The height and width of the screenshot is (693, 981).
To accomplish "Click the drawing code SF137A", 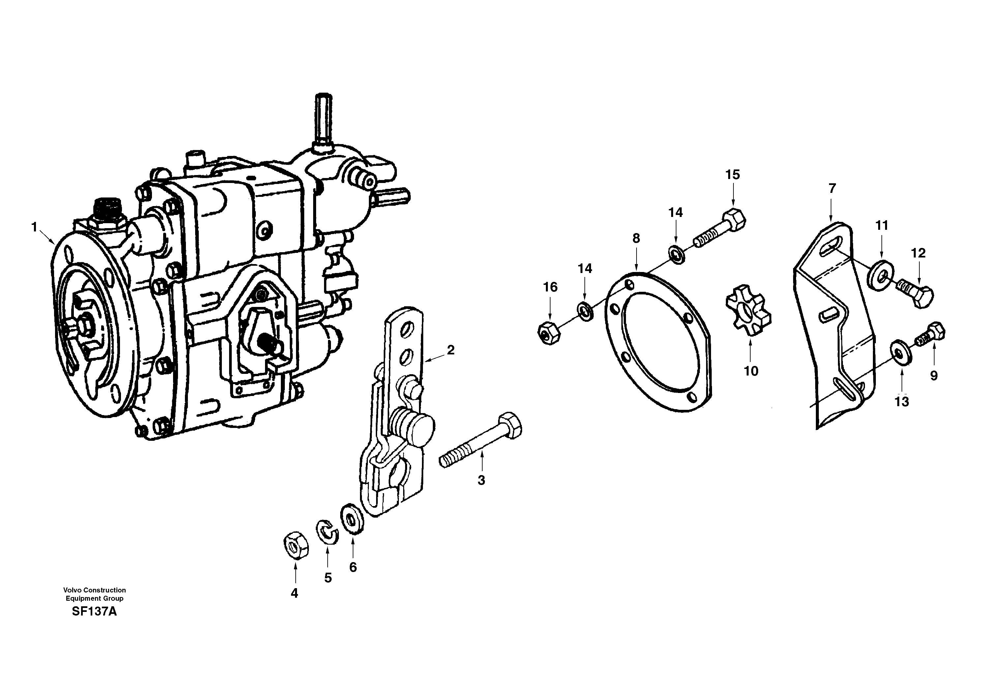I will pos(94,611).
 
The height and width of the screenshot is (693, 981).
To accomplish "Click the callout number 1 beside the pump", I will pos(34,227).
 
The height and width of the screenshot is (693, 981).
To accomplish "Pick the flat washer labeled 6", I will pos(352,520).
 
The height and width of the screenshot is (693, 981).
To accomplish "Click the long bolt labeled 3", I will pos(481,440).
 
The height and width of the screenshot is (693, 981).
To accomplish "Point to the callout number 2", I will pos(450,350).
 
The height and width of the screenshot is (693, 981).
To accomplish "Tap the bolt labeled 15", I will pos(722,230).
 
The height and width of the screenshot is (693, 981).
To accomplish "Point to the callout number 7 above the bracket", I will pos(832,189).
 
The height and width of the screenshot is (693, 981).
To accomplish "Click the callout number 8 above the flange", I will pos(636,238).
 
